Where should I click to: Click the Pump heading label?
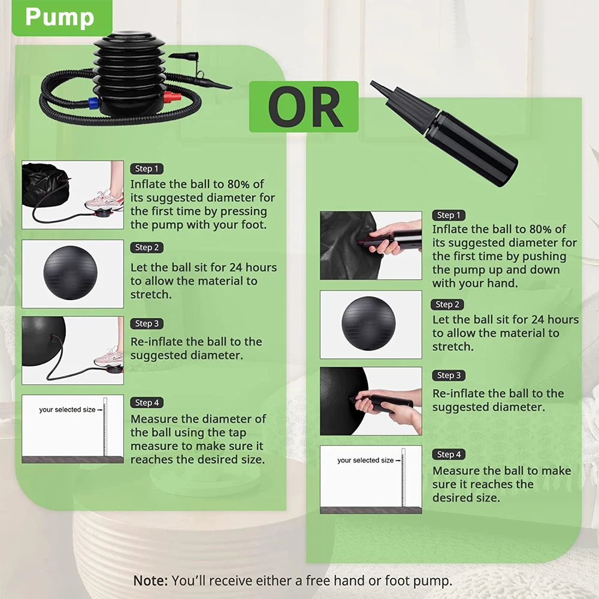click(x=59, y=17)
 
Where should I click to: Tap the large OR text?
click(x=304, y=107)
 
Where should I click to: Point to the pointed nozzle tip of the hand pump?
click(x=371, y=83)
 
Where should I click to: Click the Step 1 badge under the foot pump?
click(x=147, y=168)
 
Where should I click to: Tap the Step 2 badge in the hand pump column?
click(x=447, y=304)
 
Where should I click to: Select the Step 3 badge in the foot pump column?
click(x=147, y=323)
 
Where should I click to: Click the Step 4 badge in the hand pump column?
click(x=449, y=454)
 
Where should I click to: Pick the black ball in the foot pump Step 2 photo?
click(x=70, y=273)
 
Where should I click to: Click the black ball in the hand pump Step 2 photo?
click(x=368, y=323)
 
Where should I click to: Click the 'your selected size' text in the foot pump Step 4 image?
click(x=67, y=410)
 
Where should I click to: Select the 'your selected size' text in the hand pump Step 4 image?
click(x=365, y=460)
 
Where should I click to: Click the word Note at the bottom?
click(x=150, y=580)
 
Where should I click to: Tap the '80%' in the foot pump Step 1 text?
click(x=239, y=184)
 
